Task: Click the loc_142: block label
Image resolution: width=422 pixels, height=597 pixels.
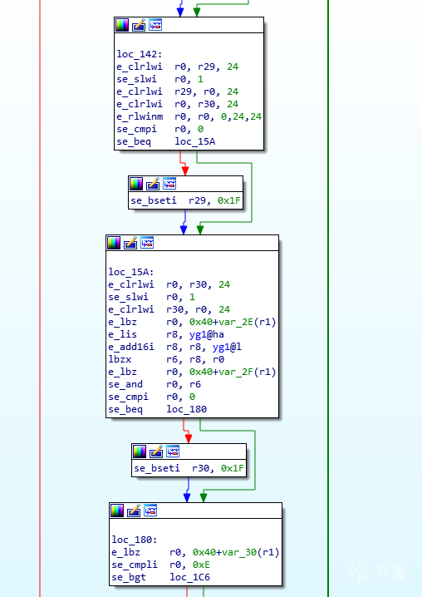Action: [x=140, y=54]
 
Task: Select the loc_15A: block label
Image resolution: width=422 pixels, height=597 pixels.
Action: [x=131, y=272]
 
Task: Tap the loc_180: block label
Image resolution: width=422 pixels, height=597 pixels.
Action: [x=135, y=540]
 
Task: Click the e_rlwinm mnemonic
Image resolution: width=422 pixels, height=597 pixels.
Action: [x=140, y=116]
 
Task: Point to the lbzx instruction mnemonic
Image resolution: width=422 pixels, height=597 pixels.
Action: [x=120, y=359]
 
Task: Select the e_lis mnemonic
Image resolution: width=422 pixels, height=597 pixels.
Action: [x=122, y=334]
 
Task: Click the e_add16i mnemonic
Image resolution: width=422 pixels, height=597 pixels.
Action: [x=131, y=347]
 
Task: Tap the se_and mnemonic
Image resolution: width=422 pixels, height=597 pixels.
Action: [x=125, y=384]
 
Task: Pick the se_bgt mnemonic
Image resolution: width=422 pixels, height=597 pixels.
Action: [x=129, y=577]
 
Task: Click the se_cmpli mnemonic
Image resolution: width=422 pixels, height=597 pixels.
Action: [x=135, y=565]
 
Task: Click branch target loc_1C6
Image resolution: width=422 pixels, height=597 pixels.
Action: [x=190, y=577]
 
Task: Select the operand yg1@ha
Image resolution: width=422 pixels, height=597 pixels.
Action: [x=207, y=334]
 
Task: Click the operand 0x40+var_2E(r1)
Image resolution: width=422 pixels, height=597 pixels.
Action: [x=233, y=322]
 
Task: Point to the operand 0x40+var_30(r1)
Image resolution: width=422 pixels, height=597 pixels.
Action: [x=236, y=552]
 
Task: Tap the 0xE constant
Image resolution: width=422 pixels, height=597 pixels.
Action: [x=201, y=565]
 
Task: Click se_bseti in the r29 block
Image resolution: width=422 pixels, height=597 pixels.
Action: [x=154, y=200]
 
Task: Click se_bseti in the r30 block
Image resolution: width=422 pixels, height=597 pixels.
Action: [x=157, y=468]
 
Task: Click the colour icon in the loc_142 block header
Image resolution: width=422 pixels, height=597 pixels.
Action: [x=122, y=25]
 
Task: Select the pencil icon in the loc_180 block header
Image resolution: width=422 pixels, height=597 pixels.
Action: [x=134, y=511]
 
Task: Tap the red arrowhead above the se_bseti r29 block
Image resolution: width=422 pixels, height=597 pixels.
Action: [x=185, y=171]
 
